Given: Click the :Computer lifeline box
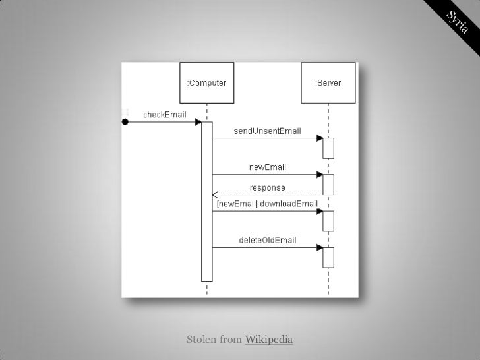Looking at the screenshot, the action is [206, 83].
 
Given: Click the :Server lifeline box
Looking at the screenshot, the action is [328, 83].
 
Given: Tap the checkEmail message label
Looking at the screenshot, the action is [164, 113].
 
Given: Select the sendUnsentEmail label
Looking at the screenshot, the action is [268, 131].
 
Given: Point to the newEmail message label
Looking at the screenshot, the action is [267, 167].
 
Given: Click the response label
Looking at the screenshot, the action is [267, 187].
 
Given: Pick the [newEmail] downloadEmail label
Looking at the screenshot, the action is [267, 204].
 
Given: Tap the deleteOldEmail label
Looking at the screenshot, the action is [267, 240].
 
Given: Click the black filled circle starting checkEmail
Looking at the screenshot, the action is [124, 122].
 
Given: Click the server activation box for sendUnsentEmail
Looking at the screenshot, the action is [328, 148].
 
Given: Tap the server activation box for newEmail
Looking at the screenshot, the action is [328, 185].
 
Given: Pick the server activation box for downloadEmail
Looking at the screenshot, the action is [328, 221].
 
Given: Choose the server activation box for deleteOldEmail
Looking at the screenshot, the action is [328, 257].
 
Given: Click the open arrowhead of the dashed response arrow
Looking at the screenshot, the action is [215, 195].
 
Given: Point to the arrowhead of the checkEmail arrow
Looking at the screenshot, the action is [198, 122].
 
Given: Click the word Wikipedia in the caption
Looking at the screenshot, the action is [268, 340].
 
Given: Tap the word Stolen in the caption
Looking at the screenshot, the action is [202, 340].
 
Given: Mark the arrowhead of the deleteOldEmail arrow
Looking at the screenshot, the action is [319, 248].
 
